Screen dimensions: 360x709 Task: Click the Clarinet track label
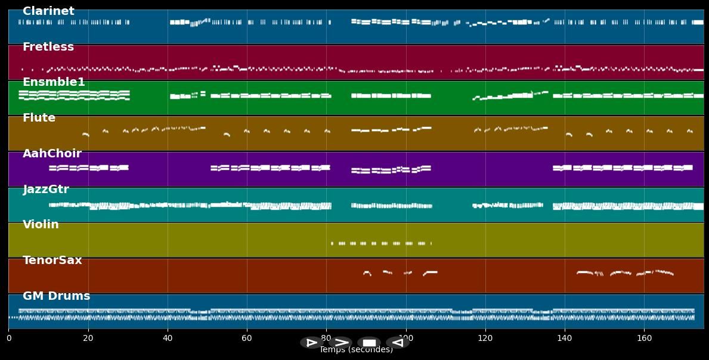[x=48, y=11]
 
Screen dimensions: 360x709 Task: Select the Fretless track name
[x=48, y=47]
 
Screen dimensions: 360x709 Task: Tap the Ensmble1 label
[x=54, y=82]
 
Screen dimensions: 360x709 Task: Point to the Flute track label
[x=39, y=118]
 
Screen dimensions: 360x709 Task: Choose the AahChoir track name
[x=52, y=154]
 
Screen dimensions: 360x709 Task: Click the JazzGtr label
[x=46, y=190]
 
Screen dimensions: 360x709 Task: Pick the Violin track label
[x=41, y=225]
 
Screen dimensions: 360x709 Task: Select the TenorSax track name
[x=52, y=260]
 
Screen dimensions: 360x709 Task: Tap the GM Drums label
[x=57, y=296]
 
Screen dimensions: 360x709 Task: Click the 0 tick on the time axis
[x=9, y=339]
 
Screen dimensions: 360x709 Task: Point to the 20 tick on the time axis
[x=88, y=339]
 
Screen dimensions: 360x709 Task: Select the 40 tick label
[x=168, y=339]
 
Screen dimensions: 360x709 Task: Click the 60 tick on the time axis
[x=247, y=339]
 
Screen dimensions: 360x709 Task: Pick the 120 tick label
[x=485, y=339]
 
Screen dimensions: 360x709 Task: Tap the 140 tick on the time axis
[x=565, y=339]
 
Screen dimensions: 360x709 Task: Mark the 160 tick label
[x=644, y=339]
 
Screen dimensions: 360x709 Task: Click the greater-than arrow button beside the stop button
[x=341, y=343]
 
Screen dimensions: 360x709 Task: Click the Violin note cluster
[x=382, y=243]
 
